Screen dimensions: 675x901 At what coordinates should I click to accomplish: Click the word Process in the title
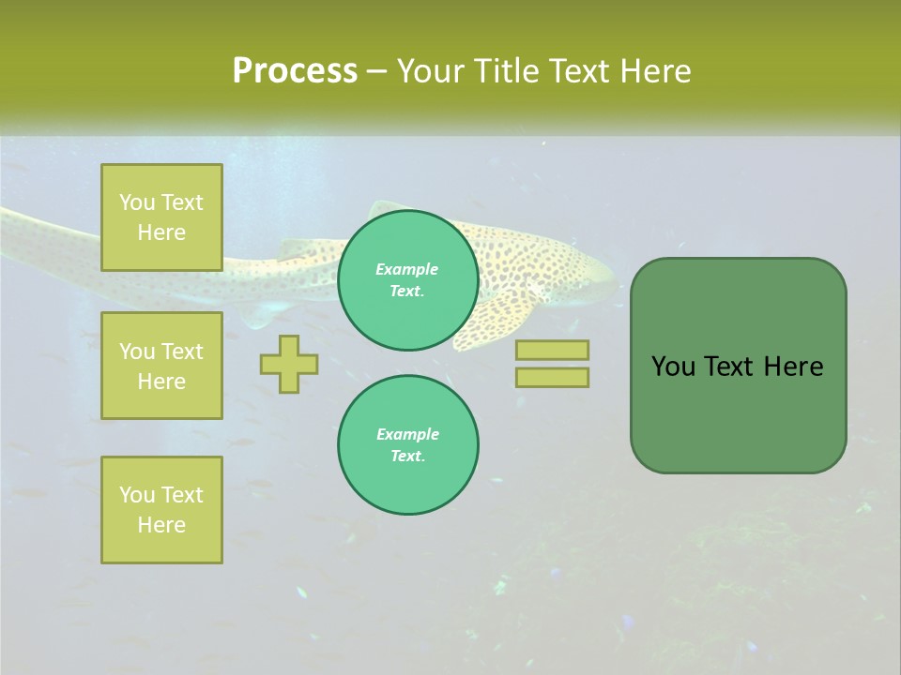pyautogui.click(x=295, y=70)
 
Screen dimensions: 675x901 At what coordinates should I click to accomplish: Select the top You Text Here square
pyautogui.click(x=161, y=217)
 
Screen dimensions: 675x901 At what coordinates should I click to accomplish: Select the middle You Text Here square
pyautogui.click(x=161, y=366)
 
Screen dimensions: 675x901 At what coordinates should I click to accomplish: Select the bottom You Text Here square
pyautogui.click(x=161, y=509)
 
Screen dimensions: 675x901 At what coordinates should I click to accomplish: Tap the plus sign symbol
pyautogui.click(x=289, y=364)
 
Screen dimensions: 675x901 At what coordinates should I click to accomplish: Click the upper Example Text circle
pyautogui.click(x=407, y=280)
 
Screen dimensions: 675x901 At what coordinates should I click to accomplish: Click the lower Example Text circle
pyautogui.click(x=407, y=444)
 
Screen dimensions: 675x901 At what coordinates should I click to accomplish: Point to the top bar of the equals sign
pyautogui.click(x=552, y=350)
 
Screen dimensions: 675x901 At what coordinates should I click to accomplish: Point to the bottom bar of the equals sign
pyautogui.click(x=552, y=377)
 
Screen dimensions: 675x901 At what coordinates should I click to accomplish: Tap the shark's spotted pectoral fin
pyautogui.click(x=497, y=319)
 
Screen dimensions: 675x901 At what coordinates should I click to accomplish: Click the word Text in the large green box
pyautogui.click(x=731, y=367)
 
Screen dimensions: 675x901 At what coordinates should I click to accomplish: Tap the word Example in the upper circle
pyautogui.click(x=407, y=269)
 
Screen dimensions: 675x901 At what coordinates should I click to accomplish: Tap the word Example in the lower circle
pyautogui.click(x=407, y=434)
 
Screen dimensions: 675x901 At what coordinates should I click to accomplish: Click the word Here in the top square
pyautogui.click(x=161, y=232)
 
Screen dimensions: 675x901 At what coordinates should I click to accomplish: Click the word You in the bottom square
pyautogui.click(x=137, y=495)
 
